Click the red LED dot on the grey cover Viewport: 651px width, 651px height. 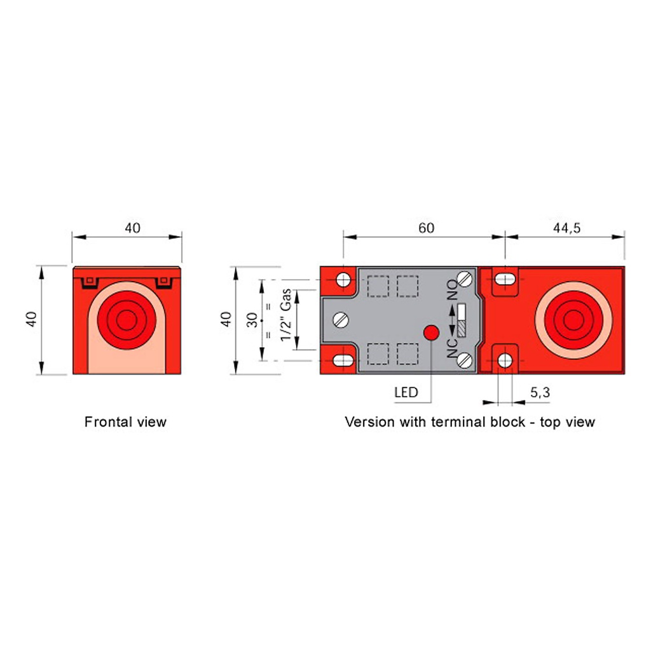[x=431, y=332]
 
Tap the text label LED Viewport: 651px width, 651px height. [x=406, y=392]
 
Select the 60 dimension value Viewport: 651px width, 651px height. [x=427, y=228]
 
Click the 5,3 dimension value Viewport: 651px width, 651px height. [x=540, y=393]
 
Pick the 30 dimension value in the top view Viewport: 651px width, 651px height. [x=252, y=320]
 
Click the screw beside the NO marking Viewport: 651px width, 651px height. [x=466, y=278]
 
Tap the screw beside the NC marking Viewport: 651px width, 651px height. [x=466, y=360]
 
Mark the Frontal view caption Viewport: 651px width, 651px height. [x=125, y=421]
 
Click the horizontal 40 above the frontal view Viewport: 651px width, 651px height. [x=132, y=228]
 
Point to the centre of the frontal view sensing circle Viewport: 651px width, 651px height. [x=127, y=321]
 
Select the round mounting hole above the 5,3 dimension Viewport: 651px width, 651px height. [x=505, y=360]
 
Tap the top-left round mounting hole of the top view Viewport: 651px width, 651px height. [x=344, y=279]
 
